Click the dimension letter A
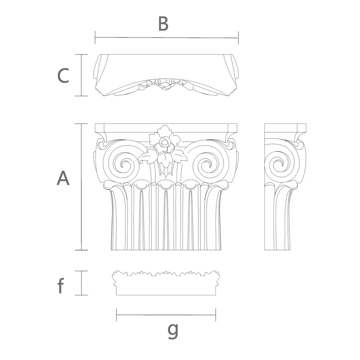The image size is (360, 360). (63, 178)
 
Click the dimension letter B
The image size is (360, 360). (163, 24)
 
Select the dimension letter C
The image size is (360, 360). (63, 76)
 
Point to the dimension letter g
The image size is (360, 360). (173, 330)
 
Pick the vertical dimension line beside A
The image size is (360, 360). (82, 187)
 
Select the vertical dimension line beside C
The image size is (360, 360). (82, 75)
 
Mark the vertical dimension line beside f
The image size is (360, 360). (82, 283)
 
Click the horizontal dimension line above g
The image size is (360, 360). (166, 315)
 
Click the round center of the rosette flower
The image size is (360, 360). (164, 142)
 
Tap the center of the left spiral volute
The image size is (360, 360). (125, 164)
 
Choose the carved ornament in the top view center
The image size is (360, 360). (164, 84)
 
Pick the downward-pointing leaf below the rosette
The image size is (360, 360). (164, 160)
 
